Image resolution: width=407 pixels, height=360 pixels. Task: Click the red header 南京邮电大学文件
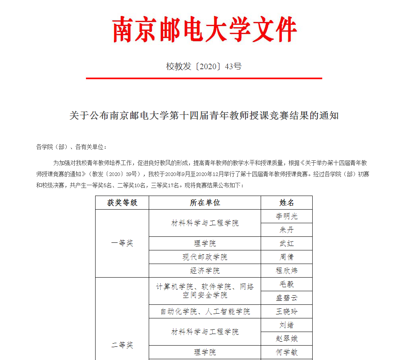204,30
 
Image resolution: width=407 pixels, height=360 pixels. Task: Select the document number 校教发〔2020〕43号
204,66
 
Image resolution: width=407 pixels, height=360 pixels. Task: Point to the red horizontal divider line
204,78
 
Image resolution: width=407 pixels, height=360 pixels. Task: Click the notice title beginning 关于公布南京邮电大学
204,116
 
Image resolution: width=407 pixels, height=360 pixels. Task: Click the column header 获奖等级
122,203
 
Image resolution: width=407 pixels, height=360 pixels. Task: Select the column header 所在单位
205,203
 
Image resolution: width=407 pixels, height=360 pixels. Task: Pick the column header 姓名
286,203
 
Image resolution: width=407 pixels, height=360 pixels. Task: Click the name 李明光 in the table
286,216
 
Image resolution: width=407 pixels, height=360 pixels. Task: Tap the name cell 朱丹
286,230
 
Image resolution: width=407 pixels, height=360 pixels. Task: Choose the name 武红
286,244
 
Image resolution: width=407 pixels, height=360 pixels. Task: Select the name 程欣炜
286,271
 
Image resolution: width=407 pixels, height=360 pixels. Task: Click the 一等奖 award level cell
122,243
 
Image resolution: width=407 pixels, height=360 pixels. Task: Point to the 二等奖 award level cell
122,345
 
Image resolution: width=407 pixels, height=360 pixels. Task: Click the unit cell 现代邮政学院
205,257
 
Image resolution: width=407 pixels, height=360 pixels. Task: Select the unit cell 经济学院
205,271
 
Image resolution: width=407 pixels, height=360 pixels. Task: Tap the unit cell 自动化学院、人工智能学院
205,312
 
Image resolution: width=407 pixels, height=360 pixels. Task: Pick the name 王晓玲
286,312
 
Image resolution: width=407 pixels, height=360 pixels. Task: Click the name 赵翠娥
286,339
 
